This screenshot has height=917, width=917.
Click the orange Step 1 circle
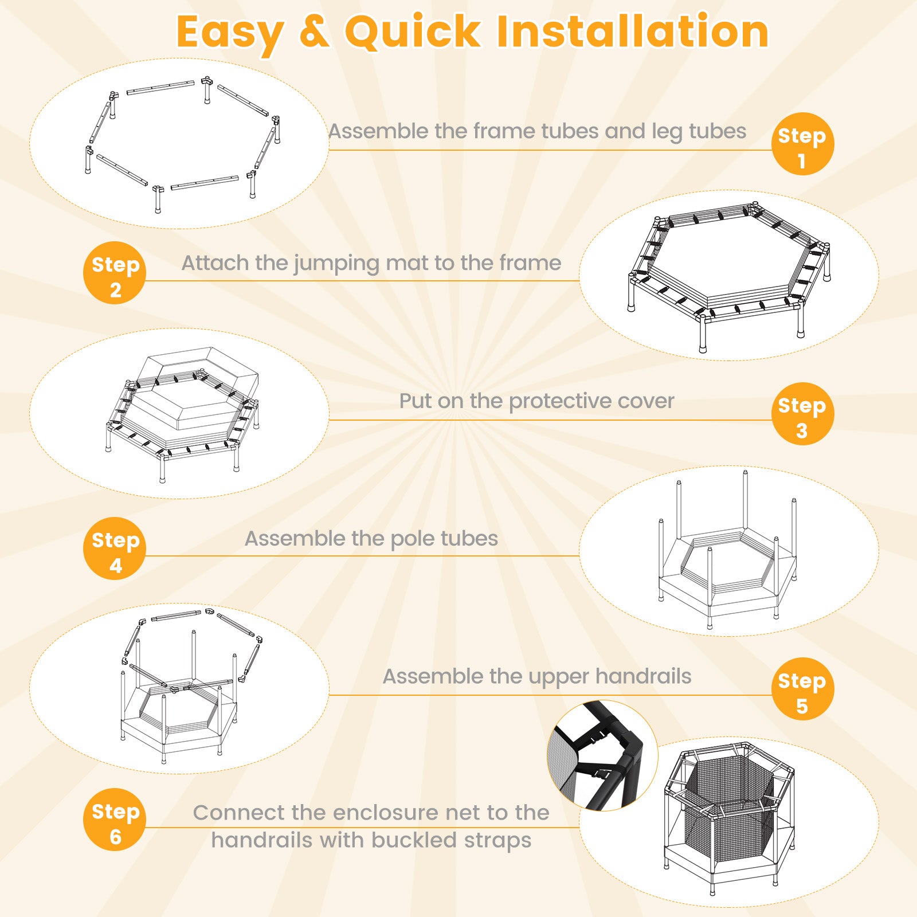click(802, 144)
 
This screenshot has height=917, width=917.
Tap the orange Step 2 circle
click(115, 273)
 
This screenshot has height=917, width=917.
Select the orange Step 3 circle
click(802, 414)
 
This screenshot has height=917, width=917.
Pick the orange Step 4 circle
click(115, 548)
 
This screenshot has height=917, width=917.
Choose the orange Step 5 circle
click(802, 689)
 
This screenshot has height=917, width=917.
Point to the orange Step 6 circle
click(115, 820)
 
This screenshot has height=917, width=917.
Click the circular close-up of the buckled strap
click(602, 755)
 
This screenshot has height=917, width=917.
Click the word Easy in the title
click(229, 33)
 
